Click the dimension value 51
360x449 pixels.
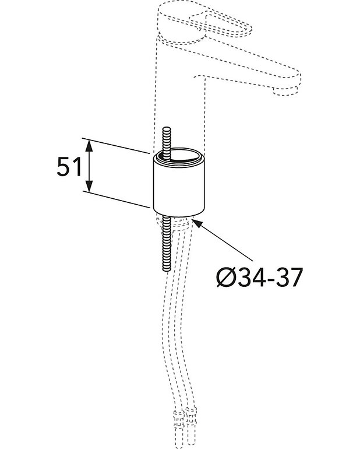pyautogui.click(x=68, y=168)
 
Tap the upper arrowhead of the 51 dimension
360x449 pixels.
pyautogui.click(x=89, y=143)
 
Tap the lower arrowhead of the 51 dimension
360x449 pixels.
pyautogui.click(x=89, y=188)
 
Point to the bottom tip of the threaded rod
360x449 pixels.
pyautogui.click(x=166, y=269)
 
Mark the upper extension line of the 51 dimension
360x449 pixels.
pyautogui.click(x=117, y=145)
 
